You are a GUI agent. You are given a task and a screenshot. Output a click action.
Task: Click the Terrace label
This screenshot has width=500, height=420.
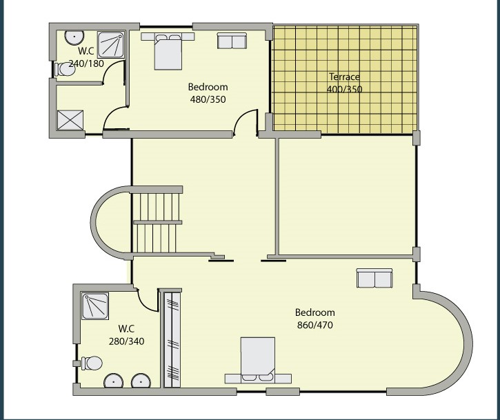(x=344, y=77)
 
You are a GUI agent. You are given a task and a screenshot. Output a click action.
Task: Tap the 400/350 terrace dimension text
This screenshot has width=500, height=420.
(x=344, y=89)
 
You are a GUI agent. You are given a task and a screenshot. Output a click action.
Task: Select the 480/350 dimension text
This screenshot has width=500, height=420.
(x=208, y=99)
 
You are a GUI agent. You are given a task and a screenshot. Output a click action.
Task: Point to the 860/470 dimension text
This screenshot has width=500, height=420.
(x=315, y=325)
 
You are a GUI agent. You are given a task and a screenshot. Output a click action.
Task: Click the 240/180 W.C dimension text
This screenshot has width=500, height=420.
(x=86, y=63)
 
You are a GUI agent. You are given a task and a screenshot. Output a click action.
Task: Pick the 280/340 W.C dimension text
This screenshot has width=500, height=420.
(x=127, y=341)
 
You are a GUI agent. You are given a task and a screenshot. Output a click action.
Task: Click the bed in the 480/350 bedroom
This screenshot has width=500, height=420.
(x=168, y=51)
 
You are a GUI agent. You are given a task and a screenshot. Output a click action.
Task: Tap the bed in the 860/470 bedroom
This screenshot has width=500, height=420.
(x=258, y=361)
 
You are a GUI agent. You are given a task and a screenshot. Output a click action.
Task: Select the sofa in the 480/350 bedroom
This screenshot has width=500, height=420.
(x=232, y=41)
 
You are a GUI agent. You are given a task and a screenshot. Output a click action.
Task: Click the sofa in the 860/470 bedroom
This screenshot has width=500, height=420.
(x=374, y=278)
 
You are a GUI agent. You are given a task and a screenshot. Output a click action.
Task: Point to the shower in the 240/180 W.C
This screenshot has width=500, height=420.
(x=110, y=45)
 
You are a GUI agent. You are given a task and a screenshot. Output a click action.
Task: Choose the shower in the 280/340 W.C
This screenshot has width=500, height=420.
(x=95, y=306)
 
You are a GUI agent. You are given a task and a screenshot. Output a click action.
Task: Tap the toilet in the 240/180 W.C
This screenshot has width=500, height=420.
(x=65, y=70)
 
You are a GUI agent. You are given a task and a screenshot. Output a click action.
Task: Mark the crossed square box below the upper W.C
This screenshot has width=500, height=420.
(x=70, y=120)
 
